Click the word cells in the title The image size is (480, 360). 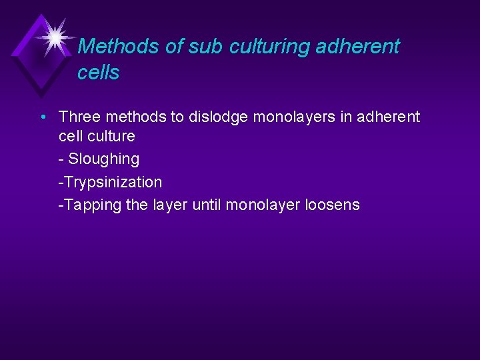[98, 73]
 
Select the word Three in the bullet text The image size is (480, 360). [79, 117]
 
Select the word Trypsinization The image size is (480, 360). [112, 182]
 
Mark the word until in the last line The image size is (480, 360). [206, 205]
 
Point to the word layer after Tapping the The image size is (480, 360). [171, 205]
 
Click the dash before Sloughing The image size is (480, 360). [61, 159]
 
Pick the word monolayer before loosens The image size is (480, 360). [263, 205]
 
